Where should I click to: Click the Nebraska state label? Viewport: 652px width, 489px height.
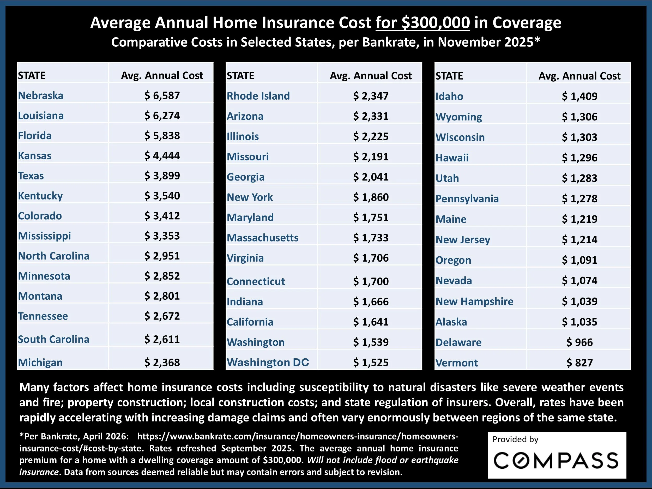coord(41,95)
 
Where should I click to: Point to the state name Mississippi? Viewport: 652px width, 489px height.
coord(45,236)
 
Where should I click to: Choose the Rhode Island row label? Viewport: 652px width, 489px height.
coord(258,96)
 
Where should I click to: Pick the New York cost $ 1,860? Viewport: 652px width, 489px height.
coord(371,197)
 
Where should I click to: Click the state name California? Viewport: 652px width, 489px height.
coord(250,322)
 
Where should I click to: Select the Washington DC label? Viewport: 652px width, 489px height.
coord(268,362)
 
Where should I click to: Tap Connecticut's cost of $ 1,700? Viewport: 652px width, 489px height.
coord(371,281)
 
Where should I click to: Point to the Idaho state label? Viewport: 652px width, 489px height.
coord(449,96)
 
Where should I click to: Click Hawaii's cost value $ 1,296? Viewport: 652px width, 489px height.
coord(579,158)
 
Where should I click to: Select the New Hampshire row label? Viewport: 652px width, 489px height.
coord(474,301)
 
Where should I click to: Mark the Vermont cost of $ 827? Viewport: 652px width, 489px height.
coord(579,363)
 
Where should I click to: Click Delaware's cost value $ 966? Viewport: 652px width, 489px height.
coord(579,342)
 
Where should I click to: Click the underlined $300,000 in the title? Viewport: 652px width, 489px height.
coord(423,23)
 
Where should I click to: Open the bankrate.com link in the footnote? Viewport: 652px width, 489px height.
coord(298,437)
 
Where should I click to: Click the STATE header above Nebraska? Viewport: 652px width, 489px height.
coord(32,76)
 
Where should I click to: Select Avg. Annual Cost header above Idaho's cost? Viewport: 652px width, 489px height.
coord(579,76)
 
